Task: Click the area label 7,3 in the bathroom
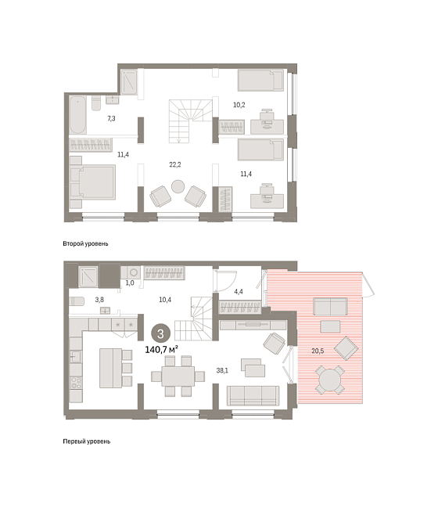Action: (111, 118)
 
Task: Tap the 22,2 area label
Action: (175, 164)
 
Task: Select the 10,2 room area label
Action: (239, 105)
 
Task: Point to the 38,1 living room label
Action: (222, 370)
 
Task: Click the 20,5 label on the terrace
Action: (318, 351)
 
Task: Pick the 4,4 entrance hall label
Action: (239, 292)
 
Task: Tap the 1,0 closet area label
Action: (130, 283)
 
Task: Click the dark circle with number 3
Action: (160, 333)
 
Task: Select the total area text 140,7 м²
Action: (161, 350)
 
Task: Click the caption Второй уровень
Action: (85, 243)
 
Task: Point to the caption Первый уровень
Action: (87, 441)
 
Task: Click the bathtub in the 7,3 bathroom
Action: (77, 115)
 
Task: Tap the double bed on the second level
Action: (93, 182)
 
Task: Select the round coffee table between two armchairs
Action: (178, 186)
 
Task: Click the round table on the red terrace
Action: (329, 380)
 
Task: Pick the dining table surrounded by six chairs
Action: (178, 376)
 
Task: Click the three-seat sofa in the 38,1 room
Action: (253, 395)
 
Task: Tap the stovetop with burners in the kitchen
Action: (76, 382)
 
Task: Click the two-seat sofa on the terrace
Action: (330, 307)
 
